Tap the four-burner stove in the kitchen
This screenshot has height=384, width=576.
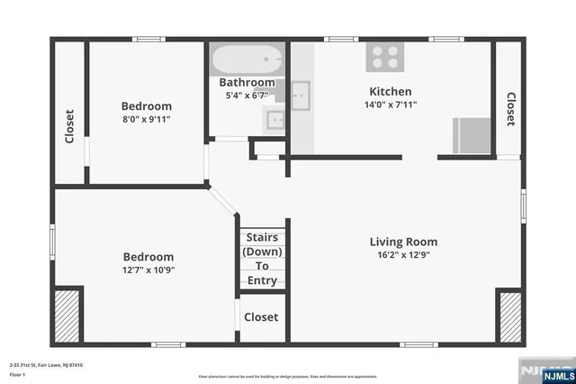pos(383,58)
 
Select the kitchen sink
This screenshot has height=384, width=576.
pos(301,94)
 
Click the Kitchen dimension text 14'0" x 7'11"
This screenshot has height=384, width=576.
pos(391,105)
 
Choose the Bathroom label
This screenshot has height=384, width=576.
pos(247,83)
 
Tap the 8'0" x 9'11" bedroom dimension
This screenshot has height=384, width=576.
pos(147,118)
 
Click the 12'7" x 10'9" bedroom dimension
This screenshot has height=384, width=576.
pos(147,270)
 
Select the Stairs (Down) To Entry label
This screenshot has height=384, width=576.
pos(262,259)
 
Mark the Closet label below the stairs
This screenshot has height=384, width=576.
pos(261,317)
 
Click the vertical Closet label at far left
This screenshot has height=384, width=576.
pos(69,127)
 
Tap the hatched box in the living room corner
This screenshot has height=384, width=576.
pos(509,315)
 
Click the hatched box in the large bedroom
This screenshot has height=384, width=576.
pos(66,315)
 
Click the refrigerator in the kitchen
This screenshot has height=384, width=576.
pos(471,136)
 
